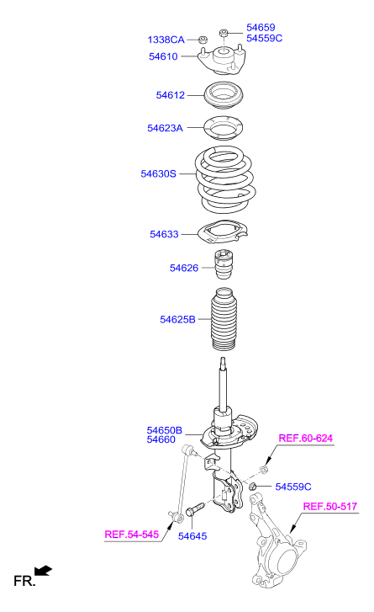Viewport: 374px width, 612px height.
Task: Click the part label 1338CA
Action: coord(166,40)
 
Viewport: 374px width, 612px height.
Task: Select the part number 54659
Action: coord(261,28)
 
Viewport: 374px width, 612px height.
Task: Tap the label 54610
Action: coord(163,56)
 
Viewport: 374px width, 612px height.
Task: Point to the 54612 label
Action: coord(171,95)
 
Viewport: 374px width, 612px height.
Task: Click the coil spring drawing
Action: coord(225,179)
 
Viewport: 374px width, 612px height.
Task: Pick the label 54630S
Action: coord(159,173)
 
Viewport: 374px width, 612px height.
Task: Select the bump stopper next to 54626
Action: coord(224,264)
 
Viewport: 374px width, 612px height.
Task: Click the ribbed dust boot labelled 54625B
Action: coord(224,319)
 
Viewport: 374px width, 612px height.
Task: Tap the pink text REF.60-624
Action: coord(306,439)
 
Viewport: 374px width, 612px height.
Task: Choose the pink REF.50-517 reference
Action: coord(330,507)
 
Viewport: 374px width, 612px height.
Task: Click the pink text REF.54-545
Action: coord(132,535)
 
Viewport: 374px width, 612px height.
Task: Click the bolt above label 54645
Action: coord(195,509)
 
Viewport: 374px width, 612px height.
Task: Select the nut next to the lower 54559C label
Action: coord(253,486)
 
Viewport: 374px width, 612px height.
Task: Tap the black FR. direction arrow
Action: coord(43,571)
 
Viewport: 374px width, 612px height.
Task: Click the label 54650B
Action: coord(165,430)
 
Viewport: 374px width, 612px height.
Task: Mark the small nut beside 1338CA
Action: coord(203,40)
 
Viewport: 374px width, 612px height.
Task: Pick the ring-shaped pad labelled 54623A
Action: coord(224,128)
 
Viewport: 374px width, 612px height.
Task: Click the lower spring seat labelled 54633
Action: coord(223,232)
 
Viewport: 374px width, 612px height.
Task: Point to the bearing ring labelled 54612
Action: coord(224,96)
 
